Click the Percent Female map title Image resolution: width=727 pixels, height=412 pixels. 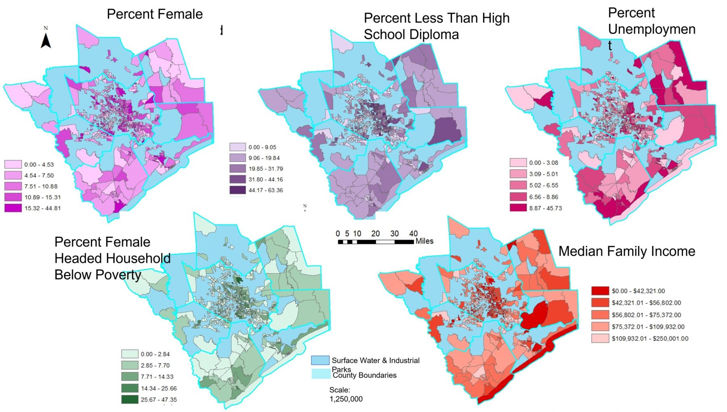(155, 14)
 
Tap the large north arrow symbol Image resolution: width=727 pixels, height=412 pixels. (46, 40)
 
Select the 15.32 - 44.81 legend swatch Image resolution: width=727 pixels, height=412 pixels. (13, 208)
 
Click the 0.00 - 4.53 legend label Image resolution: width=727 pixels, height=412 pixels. (39, 164)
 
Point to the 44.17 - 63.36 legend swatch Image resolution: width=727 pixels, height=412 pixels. (237, 190)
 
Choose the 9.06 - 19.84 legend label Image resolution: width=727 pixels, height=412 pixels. (264, 158)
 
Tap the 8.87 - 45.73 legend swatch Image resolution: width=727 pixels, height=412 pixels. (518, 208)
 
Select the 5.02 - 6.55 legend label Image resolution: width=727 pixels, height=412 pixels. (544, 185)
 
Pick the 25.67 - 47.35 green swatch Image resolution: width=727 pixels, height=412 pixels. (130, 399)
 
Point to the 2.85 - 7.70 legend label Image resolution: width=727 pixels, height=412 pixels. (155, 365)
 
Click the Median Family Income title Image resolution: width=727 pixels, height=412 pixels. (626, 251)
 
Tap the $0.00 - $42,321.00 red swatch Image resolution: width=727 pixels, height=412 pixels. (600, 291)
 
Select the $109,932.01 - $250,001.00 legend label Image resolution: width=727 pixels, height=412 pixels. (650, 338)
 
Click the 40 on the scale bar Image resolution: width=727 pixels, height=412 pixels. (413, 233)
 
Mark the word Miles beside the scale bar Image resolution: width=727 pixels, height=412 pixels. (424, 241)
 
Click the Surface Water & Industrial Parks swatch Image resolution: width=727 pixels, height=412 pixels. (320, 360)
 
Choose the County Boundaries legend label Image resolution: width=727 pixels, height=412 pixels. (365, 375)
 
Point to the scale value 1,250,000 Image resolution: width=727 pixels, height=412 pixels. (346, 399)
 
